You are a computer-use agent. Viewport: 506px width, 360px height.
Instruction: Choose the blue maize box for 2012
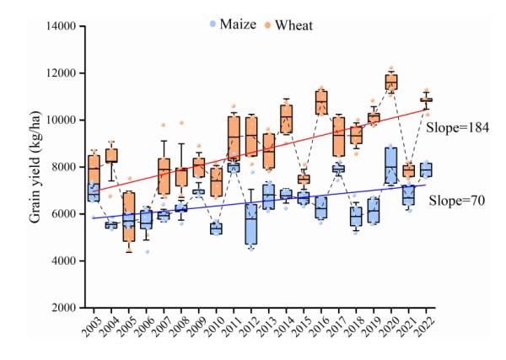point(251,223)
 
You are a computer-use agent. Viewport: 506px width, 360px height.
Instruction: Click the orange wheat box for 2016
point(320,101)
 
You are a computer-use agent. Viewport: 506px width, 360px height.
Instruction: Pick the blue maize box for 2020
point(390,165)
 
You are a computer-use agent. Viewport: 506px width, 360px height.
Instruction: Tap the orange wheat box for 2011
point(234,137)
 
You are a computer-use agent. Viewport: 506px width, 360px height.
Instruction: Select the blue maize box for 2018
point(356,217)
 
